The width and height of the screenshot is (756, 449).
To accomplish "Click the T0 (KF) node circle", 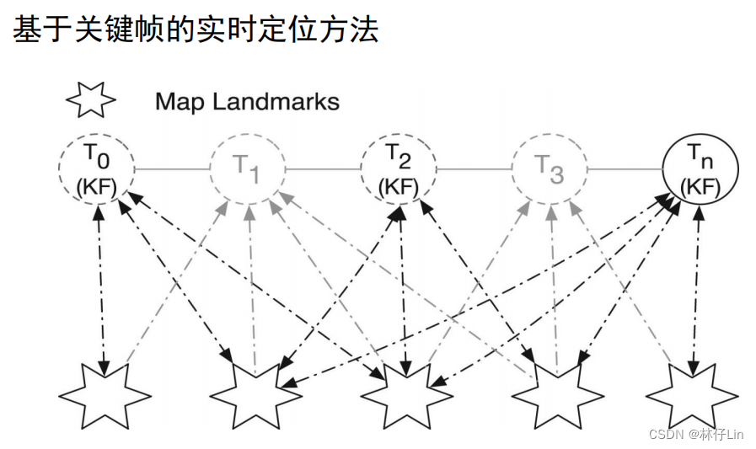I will (x=96, y=168).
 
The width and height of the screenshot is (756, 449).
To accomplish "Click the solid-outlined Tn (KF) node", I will (x=700, y=168).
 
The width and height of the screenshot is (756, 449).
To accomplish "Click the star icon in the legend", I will (x=90, y=102).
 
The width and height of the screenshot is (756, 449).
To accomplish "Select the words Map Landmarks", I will (x=247, y=103).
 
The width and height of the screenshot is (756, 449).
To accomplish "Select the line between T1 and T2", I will (x=323, y=169).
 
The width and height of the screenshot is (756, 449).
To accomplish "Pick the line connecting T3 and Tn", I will (x=625, y=169).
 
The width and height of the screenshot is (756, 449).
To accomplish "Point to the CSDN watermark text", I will (x=695, y=433).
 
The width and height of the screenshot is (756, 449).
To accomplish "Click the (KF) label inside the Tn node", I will (x=700, y=184).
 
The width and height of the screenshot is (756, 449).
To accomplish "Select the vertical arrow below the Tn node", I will (x=696, y=286).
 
